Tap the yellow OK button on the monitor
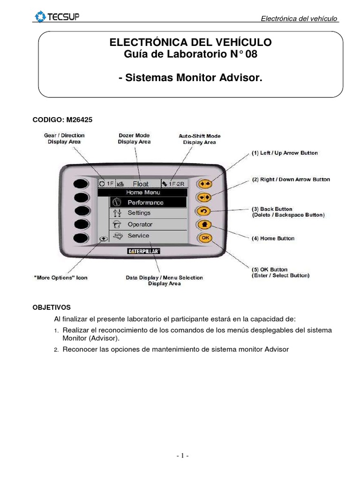click(205, 238)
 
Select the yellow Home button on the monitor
click(205, 224)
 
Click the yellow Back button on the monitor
click(205, 210)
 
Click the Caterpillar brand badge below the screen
click(144, 251)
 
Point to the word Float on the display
click(140, 184)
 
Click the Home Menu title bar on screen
click(142, 192)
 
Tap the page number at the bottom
click(182, 456)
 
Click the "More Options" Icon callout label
click(60, 277)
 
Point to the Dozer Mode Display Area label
click(134, 139)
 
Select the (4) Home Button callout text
click(273, 239)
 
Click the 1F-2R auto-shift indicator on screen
click(177, 184)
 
